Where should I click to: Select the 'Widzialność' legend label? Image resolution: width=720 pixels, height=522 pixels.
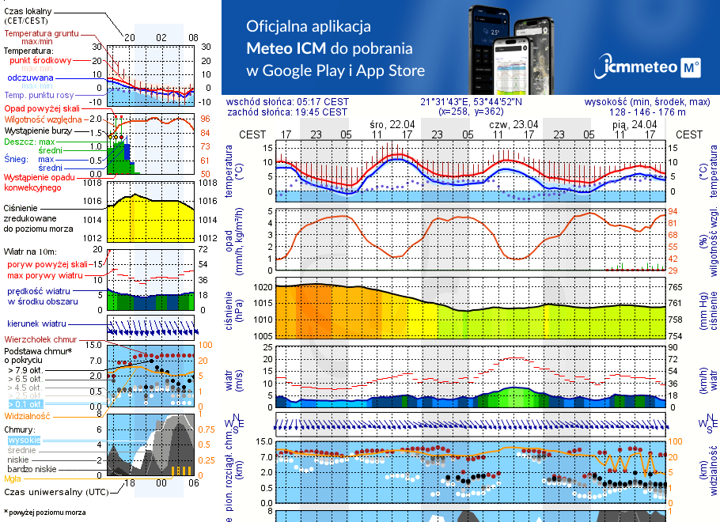click(x=28, y=414)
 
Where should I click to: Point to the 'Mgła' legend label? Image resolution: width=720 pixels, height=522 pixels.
click(x=13, y=478)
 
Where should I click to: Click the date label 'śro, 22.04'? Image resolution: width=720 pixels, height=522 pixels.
click(x=392, y=124)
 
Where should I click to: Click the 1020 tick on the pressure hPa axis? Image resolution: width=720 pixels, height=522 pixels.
click(x=262, y=287)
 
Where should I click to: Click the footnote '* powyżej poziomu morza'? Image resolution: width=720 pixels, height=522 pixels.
click(x=44, y=513)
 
